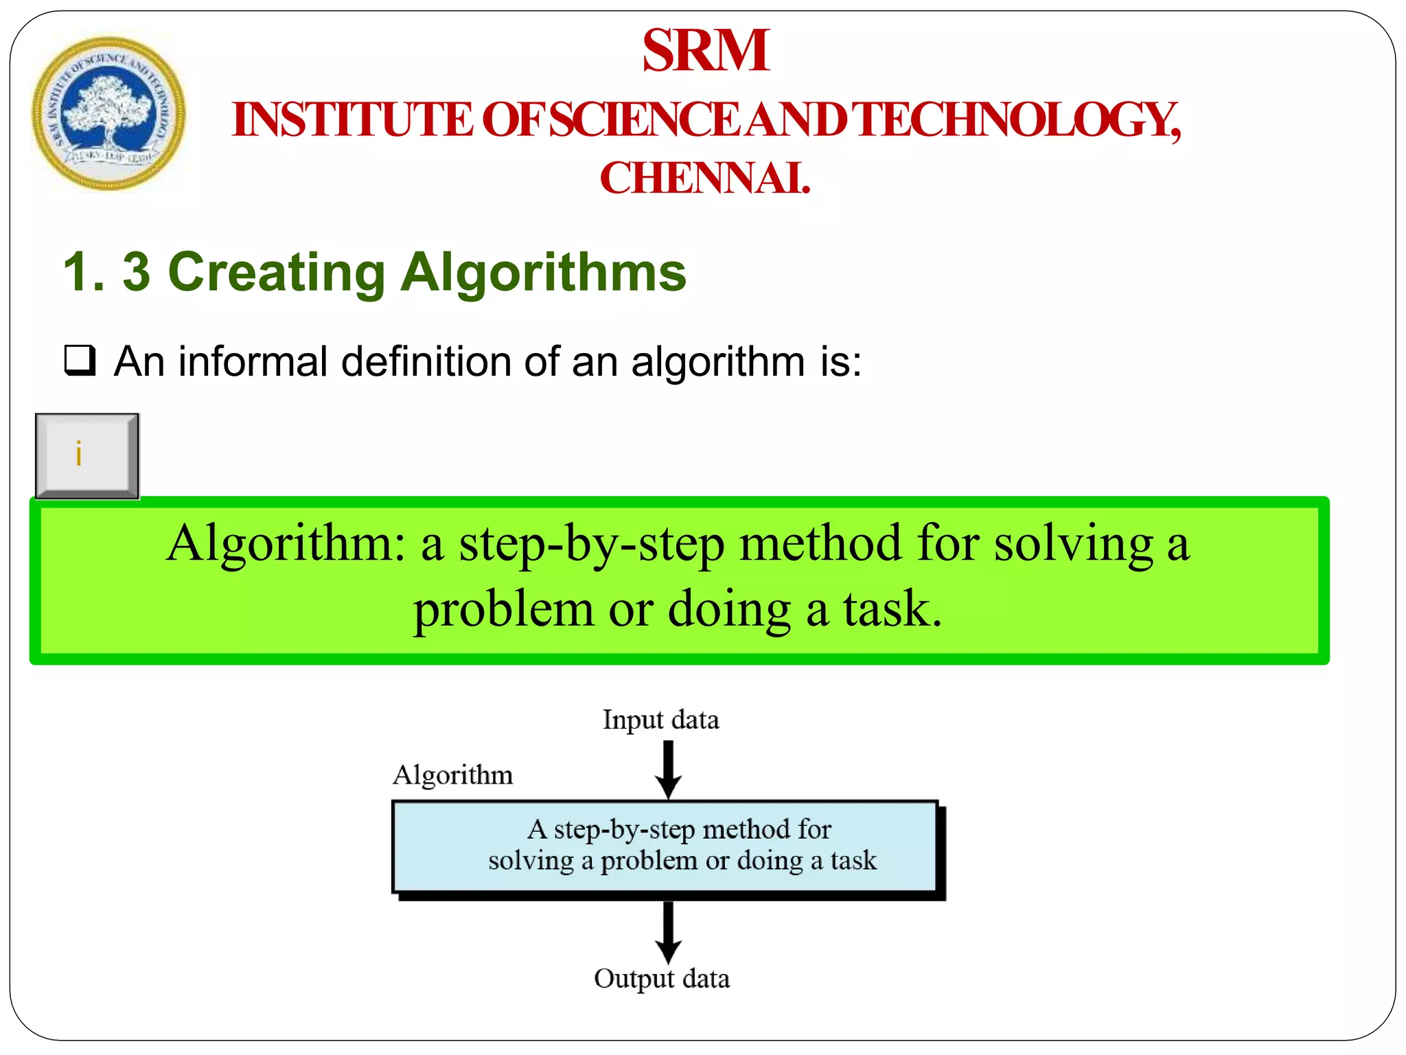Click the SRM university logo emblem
tap(108, 114)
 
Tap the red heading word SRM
tap(705, 51)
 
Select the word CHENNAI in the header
tap(704, 179)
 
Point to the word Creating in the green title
tap(277, 273)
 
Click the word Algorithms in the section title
tap(543, 273)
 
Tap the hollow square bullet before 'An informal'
tap(80, 360)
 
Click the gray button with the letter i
tap(87, 455)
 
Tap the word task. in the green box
tap(892, 609)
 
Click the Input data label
tap(660, 720)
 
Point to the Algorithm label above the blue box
tap(452, 775)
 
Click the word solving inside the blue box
tap(531, 861)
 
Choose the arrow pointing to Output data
tap(668, 932)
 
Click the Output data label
tap(661, 979)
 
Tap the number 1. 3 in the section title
tap(106, 273)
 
